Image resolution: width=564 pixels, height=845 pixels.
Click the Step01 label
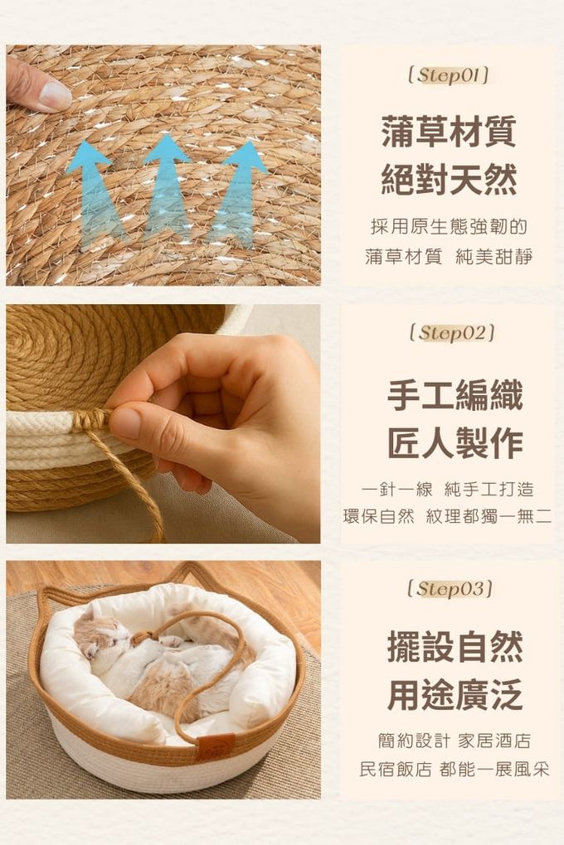[x=449, y=75]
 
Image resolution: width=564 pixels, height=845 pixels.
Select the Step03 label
[x=450, y=588]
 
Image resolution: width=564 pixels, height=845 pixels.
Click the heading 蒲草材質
[x=449, y=131]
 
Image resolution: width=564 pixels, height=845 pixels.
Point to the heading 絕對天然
[x=449, y=179]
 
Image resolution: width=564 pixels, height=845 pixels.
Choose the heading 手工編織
[x=455, y=395]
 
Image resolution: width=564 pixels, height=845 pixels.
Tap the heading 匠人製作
[x=455, y=443]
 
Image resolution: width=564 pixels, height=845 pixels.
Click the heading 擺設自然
[x=455, y=647]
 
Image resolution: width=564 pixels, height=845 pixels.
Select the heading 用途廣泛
[x=455, y=695]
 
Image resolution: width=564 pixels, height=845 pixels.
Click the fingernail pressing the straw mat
[x=55, y=96]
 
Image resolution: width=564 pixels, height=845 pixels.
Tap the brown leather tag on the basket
[x=215, y=747]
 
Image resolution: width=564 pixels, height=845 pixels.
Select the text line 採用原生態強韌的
[x=449, y=227]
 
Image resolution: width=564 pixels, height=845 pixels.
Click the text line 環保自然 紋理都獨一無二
[x=447, y=516]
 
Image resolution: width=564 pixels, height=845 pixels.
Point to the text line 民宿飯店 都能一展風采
[x=454, y=769]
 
